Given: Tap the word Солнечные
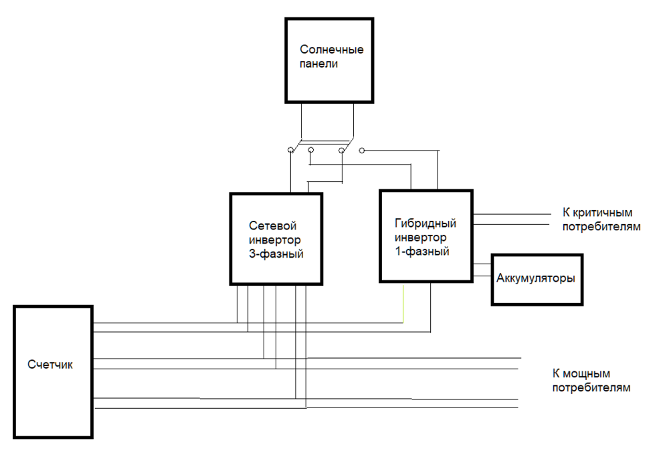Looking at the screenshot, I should coord(331,50).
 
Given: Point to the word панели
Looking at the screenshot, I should coord(319,64).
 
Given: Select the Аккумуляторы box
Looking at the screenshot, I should coord(537,279).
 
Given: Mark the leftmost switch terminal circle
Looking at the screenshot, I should coord(290,151).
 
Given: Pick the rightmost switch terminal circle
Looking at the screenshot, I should coord(362,151).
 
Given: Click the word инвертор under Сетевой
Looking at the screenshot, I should coord(274,240).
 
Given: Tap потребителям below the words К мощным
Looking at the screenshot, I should coord(591,387).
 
